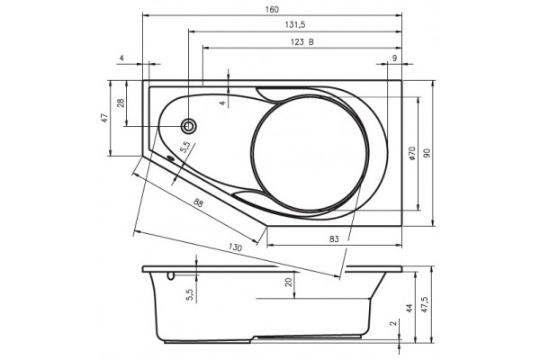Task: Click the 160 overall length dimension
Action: click(x=272, y=10)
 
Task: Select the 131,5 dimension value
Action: click(x=295, y=25)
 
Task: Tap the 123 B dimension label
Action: click(x=302, y=42)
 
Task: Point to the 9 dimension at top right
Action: click(x=395, y=58)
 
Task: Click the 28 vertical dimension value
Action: click(x=121, y=103)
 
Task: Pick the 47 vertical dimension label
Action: click(x=104, y=118)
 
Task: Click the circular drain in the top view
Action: click(x=189, y=126)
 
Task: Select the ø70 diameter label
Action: click(x=412, y=153)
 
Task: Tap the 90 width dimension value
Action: click(x=427, y=153)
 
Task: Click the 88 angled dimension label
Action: click(x=198, y=202)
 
